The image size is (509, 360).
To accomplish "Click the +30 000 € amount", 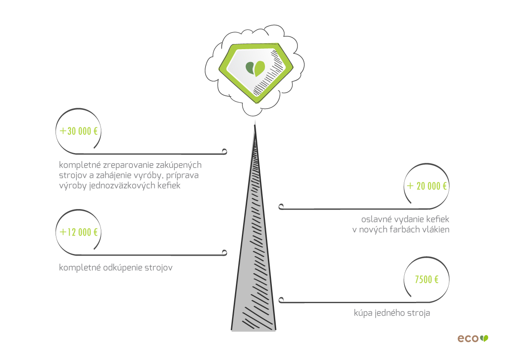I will point(79,131).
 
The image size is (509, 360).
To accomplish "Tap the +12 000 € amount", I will point(79,232).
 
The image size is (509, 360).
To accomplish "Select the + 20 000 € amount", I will point(427,186).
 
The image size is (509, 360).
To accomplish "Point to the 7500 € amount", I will point(427,280).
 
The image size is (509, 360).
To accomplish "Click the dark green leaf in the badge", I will point(250,68).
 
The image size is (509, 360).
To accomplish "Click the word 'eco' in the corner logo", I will point(468,338).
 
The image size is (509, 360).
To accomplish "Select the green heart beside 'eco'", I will point(484,338).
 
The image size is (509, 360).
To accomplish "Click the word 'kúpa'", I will point(363,313).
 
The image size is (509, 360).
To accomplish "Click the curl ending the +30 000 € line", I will point(224,151).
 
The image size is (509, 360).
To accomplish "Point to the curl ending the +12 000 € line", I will point(224,253).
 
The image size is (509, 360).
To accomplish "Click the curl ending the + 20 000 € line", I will point(281,207).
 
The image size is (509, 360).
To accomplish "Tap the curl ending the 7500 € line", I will point(281,300).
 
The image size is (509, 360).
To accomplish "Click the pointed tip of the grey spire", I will point(255,127).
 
